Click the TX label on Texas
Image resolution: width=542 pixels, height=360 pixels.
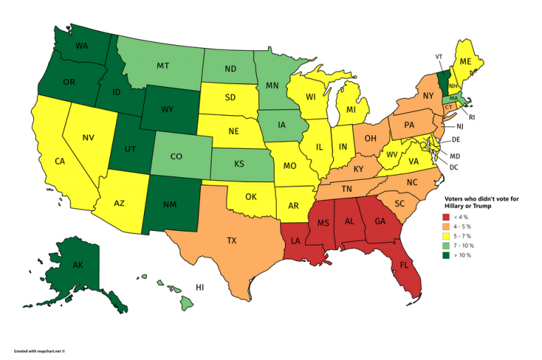click(231, 241)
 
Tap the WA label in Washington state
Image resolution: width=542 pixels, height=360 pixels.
click(82, 46)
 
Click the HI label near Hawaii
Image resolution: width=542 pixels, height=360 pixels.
click(200, 288)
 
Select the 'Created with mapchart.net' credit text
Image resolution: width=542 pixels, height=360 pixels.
click(39, 351)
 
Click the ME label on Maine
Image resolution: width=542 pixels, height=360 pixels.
click(465, 62)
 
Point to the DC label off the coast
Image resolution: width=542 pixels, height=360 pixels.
click(454, 167)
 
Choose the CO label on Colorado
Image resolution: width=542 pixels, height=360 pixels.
click(177, 156)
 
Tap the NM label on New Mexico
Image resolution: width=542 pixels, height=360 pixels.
click(169, 204)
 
